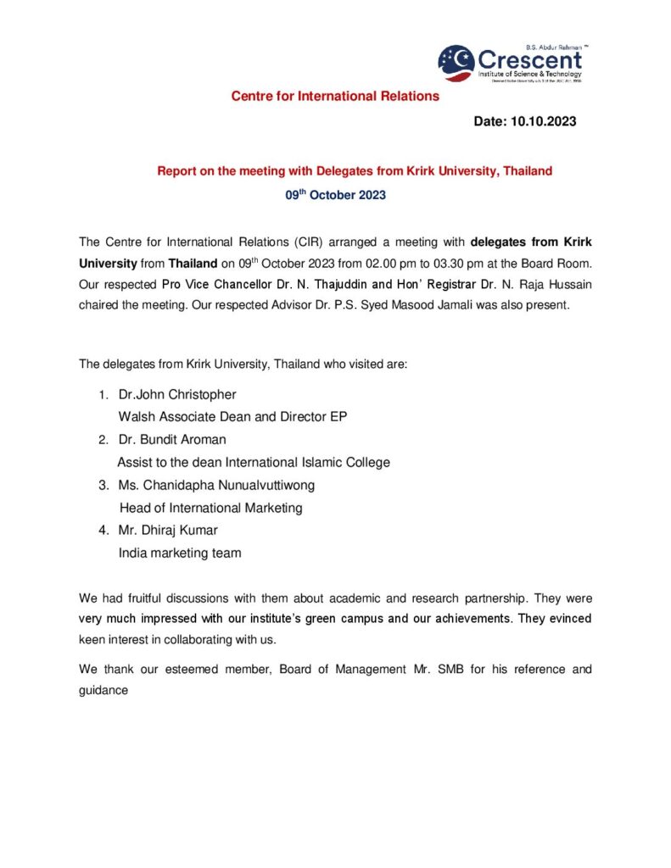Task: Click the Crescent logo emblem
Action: click(x=456, y=62)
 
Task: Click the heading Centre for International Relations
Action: click(x=335, y=96)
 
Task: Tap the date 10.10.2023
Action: click(x=543, y=121)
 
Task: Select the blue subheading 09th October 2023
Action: click(x=335, y=195)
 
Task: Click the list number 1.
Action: click(x=103, y=395)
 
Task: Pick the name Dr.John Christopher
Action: click(x=177, y=395)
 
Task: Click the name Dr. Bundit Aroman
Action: click(x=172, y=440)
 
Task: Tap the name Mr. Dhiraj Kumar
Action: click(x=168, y=531)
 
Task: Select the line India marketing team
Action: click(x=180, y=553)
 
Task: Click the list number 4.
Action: click(x=103, y=531)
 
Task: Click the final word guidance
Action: click(x=103, y=690)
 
